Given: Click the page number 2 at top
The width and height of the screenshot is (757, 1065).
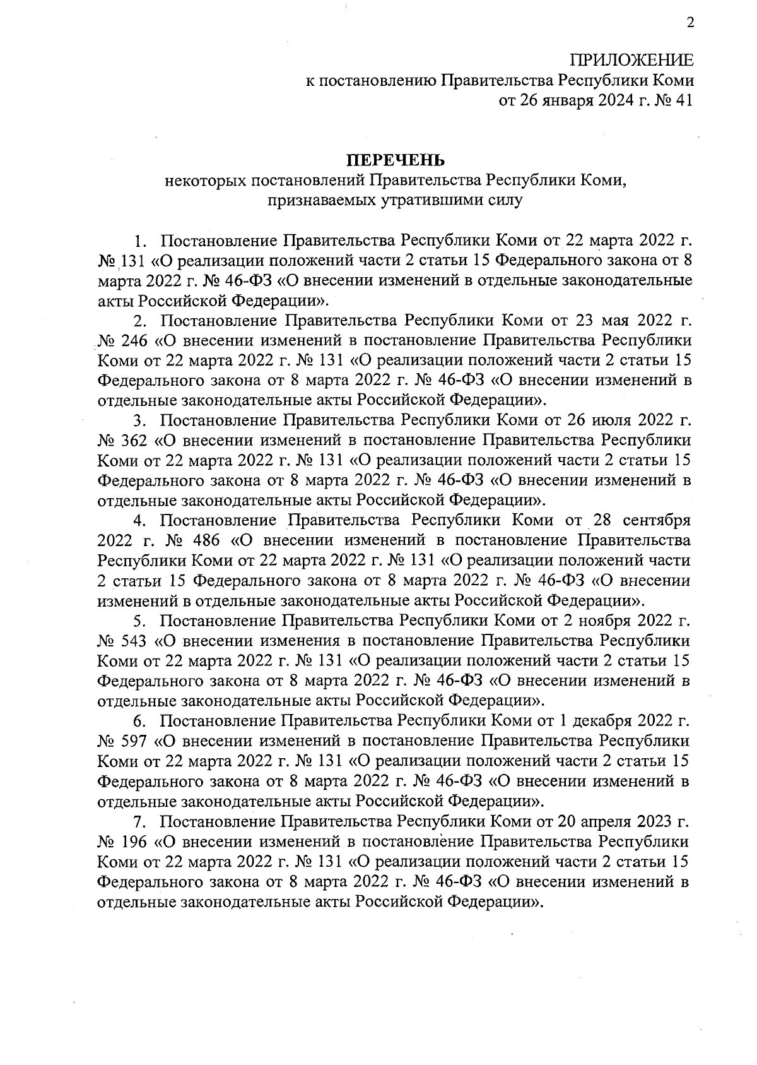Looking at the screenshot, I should tap(690, 24).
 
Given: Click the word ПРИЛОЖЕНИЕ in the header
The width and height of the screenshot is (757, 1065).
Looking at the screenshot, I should tap(631, 61).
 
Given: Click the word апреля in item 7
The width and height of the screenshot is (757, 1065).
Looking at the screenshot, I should tap(611, 821).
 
